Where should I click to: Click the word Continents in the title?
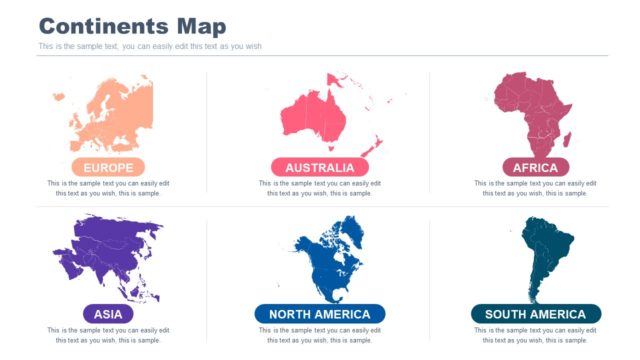click(104, 26)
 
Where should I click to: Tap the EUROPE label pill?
click(108, 167)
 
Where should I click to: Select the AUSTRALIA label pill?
click(319, 167)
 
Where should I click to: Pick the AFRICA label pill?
click(535, 167)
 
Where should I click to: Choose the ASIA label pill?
click(108, 314)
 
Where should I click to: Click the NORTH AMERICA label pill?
click(319, 314)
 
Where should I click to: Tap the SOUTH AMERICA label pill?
click(535, 314)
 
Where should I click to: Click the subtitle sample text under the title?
click(150, 46)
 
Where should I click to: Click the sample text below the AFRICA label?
click(535, 188)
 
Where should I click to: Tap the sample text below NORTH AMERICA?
click(319, 335)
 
